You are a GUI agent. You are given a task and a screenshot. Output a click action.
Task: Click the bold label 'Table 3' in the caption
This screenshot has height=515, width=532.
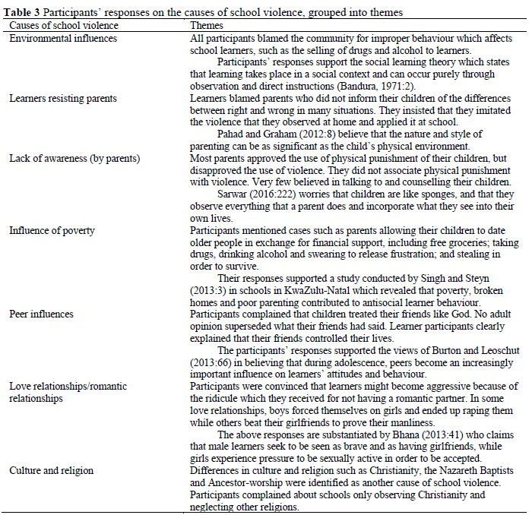[24, 13]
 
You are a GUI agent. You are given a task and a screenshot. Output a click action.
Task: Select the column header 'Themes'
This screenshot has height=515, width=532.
[206, 25]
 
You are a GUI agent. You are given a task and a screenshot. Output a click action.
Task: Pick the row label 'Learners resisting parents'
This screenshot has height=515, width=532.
[63, 99]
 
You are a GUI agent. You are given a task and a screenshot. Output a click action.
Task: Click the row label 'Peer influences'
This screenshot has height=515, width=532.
[42, 313]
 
